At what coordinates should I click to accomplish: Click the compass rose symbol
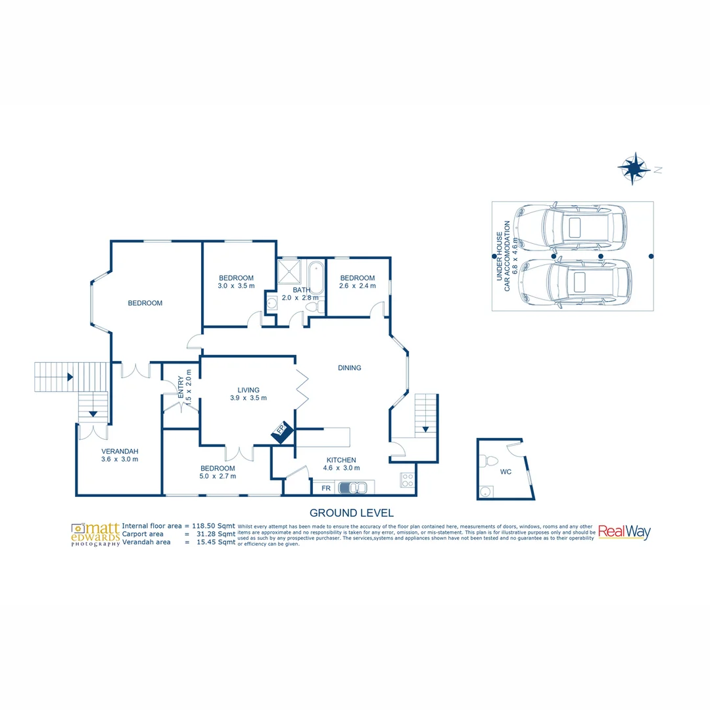pos(634,168)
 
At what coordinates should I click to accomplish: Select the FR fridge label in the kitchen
pos(326,488)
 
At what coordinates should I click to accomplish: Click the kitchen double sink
pos(352,488)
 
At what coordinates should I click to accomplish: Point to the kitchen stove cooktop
pos(407,480)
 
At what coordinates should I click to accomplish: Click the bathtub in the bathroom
pos(316,277)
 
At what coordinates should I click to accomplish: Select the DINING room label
pos(349,368)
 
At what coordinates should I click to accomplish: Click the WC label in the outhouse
pos(506,472)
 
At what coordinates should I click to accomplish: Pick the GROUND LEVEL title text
pos(351,513)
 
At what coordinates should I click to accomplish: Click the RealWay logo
pos(624,532)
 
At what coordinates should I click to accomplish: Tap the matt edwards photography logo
pos(96,534)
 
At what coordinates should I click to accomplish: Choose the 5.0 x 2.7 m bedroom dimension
pos(218,476)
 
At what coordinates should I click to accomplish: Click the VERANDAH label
pos(120,451)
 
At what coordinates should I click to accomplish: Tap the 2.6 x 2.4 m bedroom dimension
pos(358,286)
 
